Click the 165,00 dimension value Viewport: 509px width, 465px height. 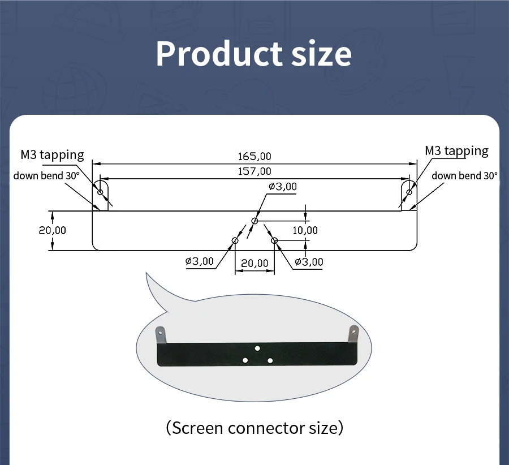(255, 156)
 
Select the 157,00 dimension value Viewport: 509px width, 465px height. (255, 171)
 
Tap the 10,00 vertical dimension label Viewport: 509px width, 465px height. (305, 230)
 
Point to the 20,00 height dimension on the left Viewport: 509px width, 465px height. (52, 230)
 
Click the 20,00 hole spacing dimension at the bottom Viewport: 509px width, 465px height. (255, 263)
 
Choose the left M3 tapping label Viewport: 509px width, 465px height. (52, 154)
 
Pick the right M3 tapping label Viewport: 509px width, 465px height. (456, 150)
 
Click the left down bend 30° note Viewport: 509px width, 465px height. (46, 175)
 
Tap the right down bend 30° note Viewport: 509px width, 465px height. (464, 175)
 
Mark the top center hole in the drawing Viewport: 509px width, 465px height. (255, 221)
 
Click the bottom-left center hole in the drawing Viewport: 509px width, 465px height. (235, 240)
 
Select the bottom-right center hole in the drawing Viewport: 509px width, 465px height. (274, 240)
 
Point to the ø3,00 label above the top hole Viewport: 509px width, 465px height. (283, 187)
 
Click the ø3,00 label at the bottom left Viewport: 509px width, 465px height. (200, 261)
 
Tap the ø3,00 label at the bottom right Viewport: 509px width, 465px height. (309, 261)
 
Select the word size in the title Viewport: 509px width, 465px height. (322, 54)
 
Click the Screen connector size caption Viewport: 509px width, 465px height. (255, 428)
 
